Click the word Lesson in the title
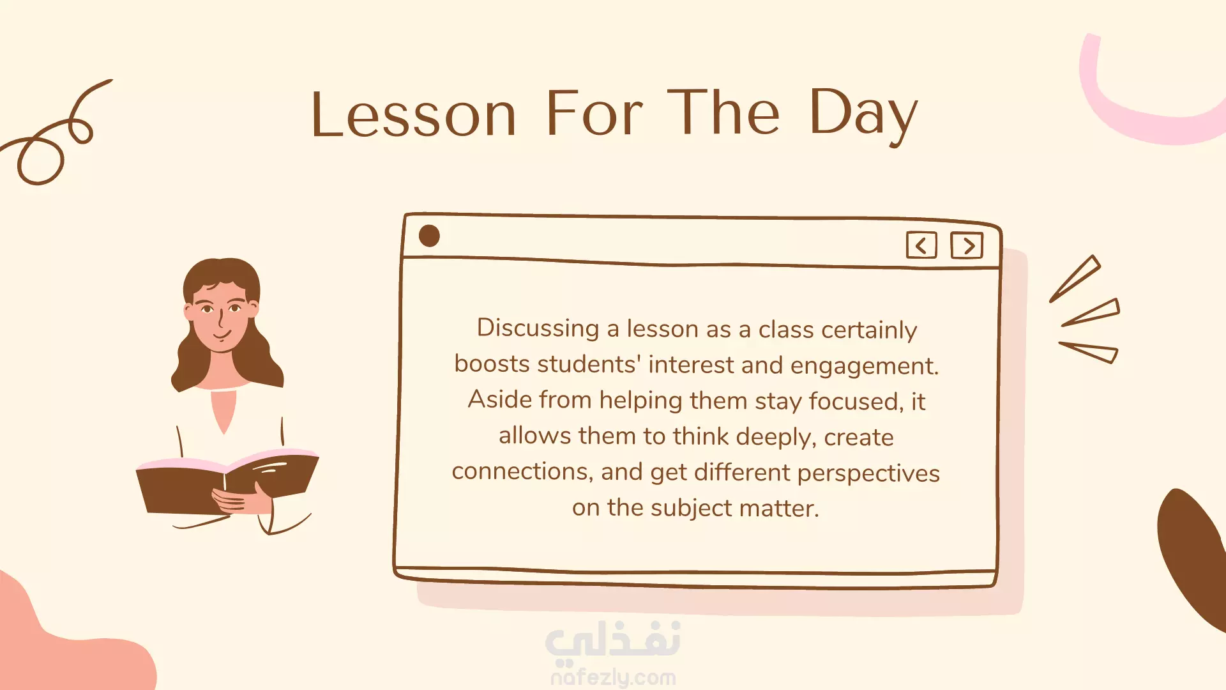click(414, 114)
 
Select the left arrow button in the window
click(921, 245)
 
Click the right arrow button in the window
click(967, 245)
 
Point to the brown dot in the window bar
click(429, 236)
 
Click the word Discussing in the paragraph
click(538, 328)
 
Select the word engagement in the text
click(865, 366)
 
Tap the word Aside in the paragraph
click(500, 400)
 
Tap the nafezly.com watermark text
click(613, 677)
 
